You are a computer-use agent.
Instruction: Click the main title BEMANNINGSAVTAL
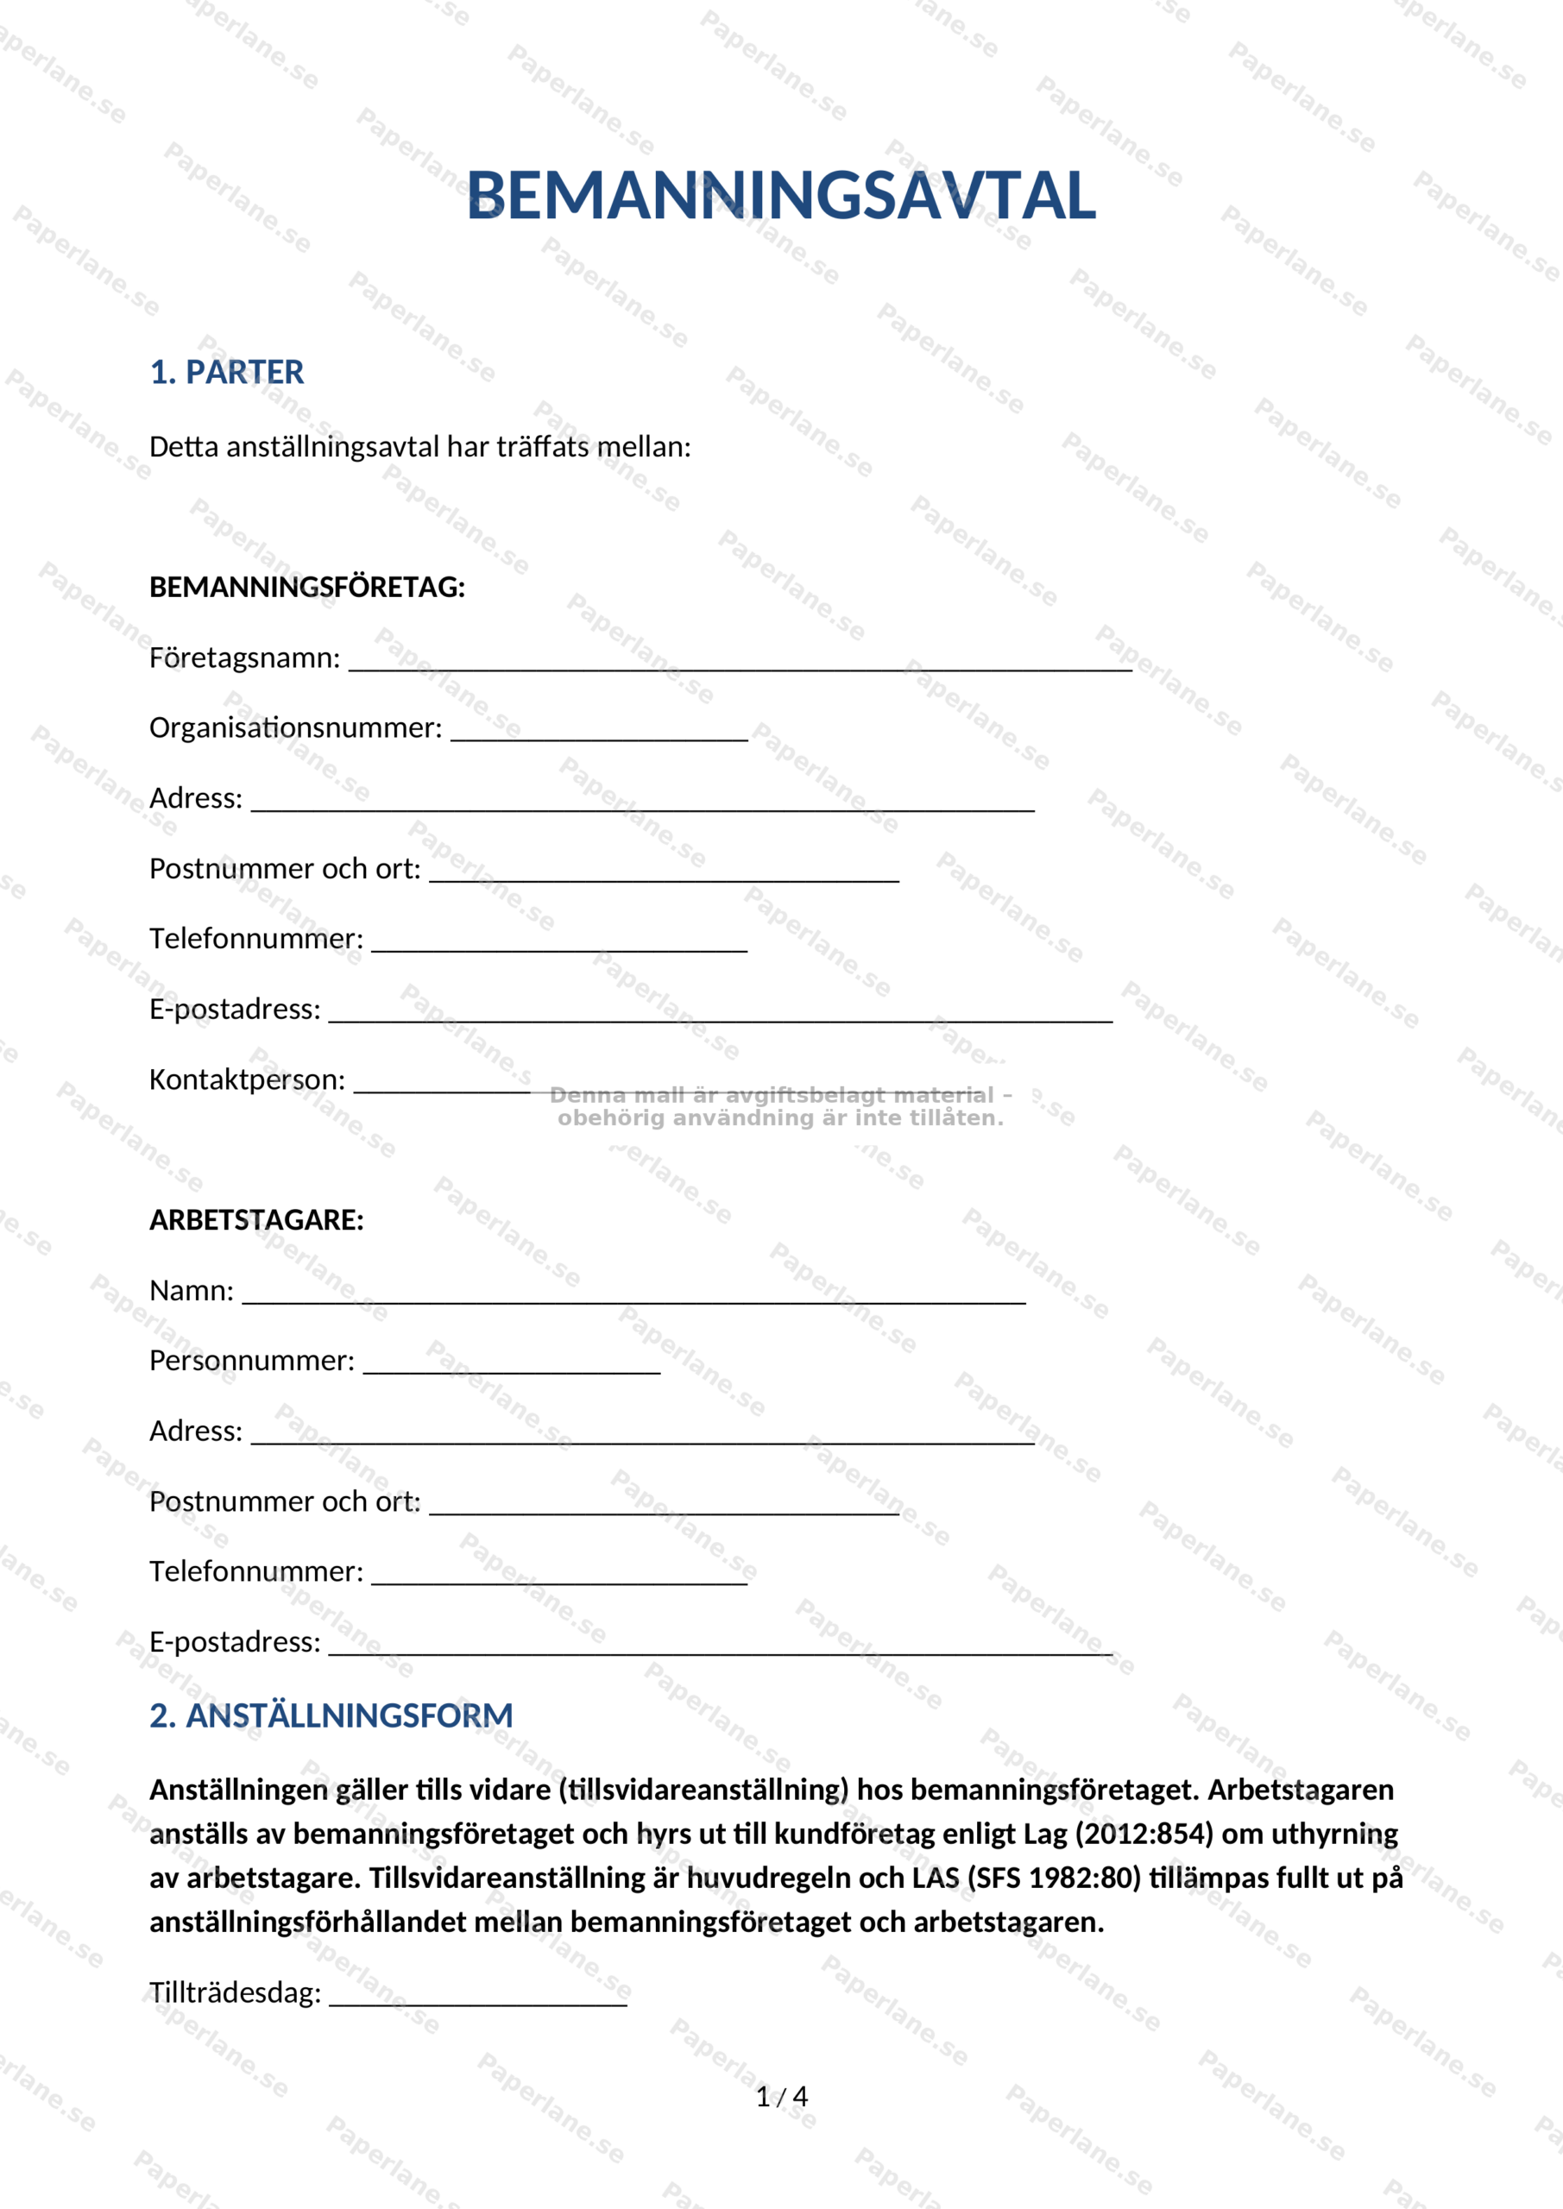click(780, 195)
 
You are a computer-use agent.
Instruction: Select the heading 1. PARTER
click(226, 372)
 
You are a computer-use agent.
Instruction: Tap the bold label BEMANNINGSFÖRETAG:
click(307, 587)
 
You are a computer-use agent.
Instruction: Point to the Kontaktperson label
click(246, 1079)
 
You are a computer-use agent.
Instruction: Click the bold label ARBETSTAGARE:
click(256, 1220)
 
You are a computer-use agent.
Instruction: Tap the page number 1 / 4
click(782, 2098)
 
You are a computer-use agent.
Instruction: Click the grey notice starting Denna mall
click(780, 1106)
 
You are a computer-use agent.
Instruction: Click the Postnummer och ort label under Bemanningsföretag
click(285, 869)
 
